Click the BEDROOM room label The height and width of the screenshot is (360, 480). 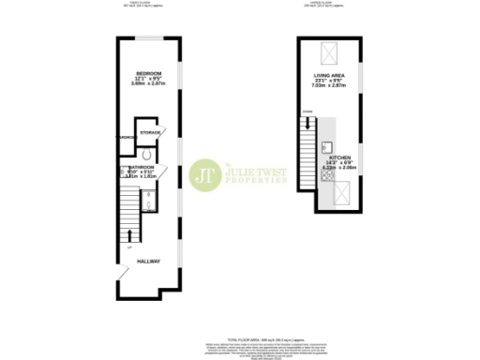tap(149, 73)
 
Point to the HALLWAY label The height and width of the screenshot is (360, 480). tap(148, 262)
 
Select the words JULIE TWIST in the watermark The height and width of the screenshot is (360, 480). tap(256, 171)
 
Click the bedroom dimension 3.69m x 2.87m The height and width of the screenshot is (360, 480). tap(149, 84)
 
